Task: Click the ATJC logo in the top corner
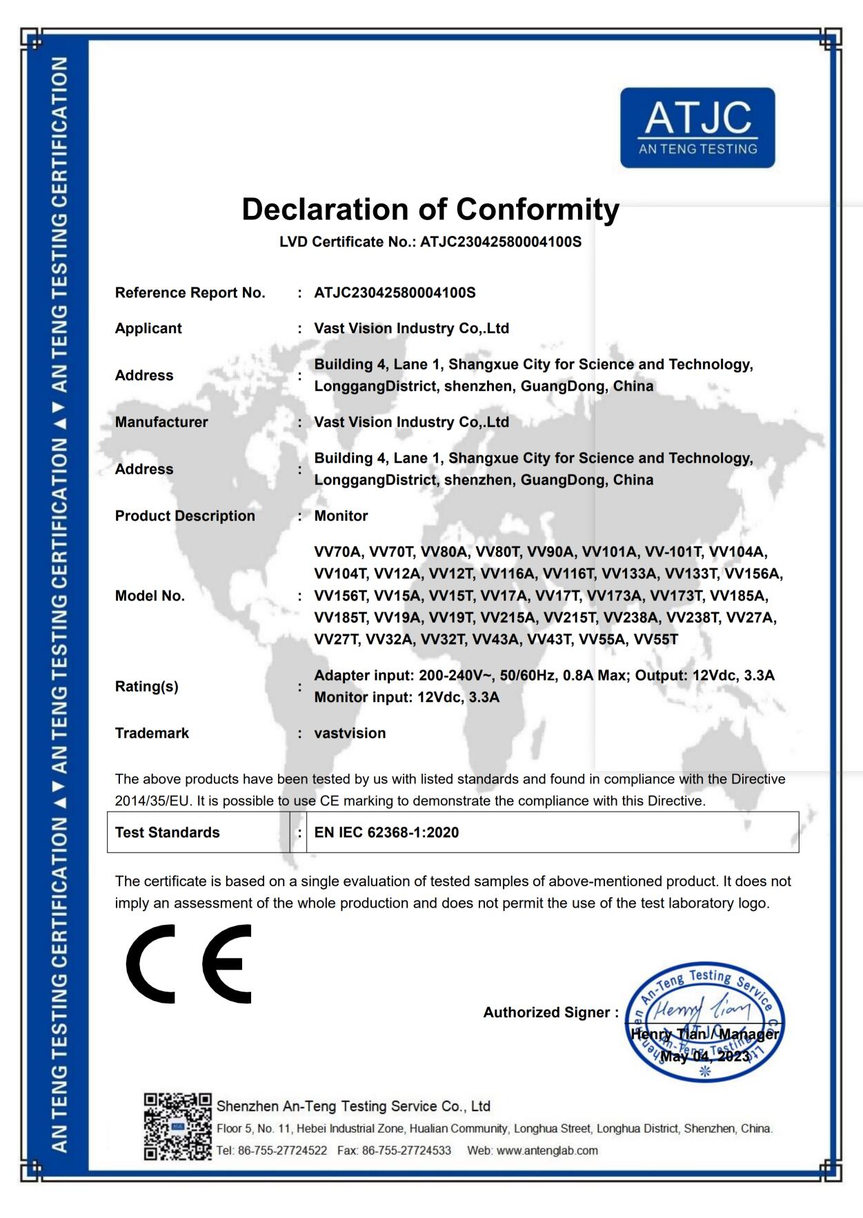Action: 697,128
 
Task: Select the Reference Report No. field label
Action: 190,293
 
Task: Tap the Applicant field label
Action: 148,329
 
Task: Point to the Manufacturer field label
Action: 161,422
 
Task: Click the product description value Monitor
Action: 341,516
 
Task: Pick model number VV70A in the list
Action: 338,552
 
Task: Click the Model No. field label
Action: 150,596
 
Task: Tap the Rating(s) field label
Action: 146,686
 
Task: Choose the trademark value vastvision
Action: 350,733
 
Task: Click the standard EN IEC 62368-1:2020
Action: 386,832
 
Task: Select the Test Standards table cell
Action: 167,832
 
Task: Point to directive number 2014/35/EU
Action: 153,801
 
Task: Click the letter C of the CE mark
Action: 151,964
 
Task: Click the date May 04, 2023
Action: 705,1056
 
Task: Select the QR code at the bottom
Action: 177,1126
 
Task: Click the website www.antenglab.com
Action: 547,1150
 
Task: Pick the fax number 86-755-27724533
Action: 406,1150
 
